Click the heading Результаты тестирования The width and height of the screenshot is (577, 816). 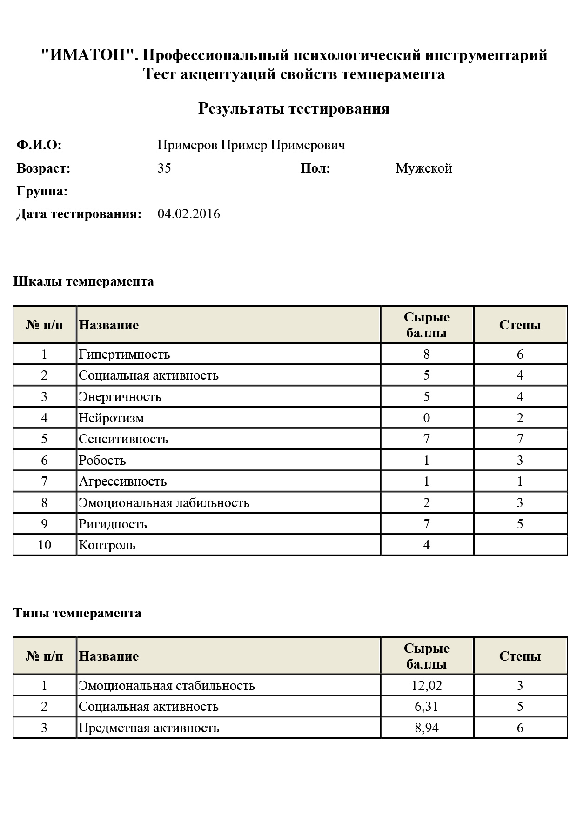294,108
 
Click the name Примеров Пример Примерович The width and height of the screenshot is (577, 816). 251,145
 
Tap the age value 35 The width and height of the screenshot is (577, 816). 164,168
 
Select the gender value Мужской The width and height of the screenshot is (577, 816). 423,168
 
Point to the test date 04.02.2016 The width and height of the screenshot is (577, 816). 189,214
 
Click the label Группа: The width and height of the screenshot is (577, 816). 42,191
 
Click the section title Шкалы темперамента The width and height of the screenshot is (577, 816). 84,281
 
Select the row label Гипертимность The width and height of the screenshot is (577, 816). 124,354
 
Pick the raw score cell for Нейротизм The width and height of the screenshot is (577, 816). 427,418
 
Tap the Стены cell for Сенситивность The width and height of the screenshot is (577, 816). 520,439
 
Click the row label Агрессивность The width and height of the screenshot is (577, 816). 123,482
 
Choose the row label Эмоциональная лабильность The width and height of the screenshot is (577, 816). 164,503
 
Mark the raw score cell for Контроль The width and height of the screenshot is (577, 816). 427,545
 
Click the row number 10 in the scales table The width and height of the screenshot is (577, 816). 44,545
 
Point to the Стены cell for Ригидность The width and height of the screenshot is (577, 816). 520,524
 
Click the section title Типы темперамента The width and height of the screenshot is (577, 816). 77,613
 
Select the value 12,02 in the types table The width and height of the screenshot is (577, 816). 427,685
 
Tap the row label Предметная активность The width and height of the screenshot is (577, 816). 149,728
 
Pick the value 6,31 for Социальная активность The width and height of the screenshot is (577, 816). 427,707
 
